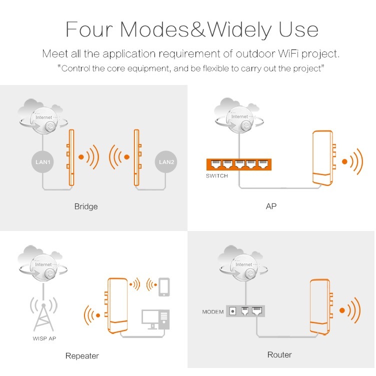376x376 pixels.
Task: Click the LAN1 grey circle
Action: tap(42, 162)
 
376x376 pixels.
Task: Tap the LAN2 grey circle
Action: tap(166, 162)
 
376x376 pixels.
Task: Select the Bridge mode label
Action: tap(86, 206)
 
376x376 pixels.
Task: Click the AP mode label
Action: tap(271, 206)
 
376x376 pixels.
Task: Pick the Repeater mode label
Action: tap(82, 356)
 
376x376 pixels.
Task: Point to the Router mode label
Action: tap(279, 354)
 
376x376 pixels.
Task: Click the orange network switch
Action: tap(239, 164)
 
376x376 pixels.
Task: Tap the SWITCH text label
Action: tap(217, 176)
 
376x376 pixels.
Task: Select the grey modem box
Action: tap(245, 311)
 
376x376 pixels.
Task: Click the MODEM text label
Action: tap(212, 311)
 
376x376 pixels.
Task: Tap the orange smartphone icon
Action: tap(164, 287)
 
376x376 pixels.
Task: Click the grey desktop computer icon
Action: tap(155, 319)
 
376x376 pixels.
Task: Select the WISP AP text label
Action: tap(44, 338)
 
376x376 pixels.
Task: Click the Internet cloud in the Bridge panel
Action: tap(42, 116)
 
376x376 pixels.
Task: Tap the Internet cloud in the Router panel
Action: tap(242, 263)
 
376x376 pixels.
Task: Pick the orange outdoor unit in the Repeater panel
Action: tap(117, 305)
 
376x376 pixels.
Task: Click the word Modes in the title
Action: tap(155, 29)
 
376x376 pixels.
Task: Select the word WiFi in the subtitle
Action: tap(288, 53)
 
